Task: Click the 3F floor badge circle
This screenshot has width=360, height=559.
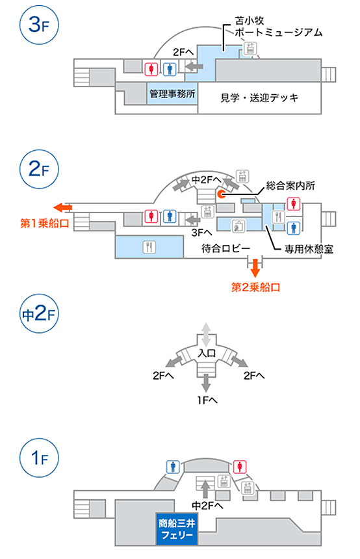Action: (39, 25)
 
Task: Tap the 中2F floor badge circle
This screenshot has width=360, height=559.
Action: (39, 314)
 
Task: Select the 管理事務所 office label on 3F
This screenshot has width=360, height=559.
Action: (172, 94)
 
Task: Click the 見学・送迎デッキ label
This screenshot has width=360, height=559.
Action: (259, 97)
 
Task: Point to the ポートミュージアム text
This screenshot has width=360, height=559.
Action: (278, 32)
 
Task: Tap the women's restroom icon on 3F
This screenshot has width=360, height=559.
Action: (151, 68)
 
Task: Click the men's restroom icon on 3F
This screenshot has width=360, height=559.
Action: (170, 69)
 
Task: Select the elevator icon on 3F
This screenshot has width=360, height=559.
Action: (250, 47)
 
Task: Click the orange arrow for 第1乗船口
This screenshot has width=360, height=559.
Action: (63, 207)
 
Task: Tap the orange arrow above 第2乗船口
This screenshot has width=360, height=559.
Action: (255, 268)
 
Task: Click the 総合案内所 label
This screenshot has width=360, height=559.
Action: (290, 185)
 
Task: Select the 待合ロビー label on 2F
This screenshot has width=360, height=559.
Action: (226, 248)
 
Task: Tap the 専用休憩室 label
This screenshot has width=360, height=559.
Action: (309, 249)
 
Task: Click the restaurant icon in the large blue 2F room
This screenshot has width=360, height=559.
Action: (149, 247)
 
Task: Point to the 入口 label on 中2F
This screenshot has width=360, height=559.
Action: (207, 354)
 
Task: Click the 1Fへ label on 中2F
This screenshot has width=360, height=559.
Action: (207, 400)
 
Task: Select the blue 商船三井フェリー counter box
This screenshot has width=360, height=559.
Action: (177, 529)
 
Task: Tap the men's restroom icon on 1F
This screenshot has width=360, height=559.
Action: (173, 466)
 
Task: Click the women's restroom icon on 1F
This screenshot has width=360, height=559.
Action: (240, 466)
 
